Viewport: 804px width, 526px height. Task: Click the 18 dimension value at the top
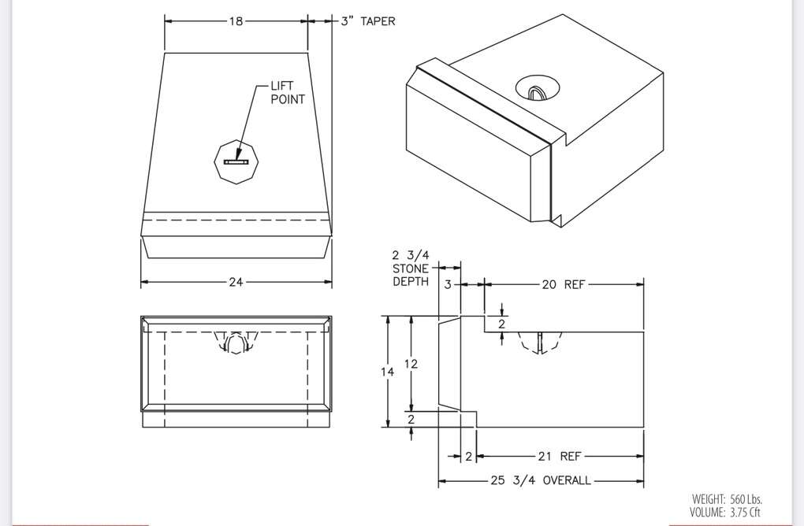point(236,21)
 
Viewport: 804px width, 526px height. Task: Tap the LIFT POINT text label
point(287,93)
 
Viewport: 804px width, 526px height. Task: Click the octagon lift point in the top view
point(236,161)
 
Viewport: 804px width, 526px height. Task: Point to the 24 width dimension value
point(236,283)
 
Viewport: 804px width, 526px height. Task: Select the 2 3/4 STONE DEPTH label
point(411,269)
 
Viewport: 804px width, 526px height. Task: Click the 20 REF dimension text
point(563,284)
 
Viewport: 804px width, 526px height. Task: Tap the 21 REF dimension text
point(559,456)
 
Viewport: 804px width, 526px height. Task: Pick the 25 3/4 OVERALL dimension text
point(541,480)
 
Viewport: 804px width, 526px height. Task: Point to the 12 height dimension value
point(411,364)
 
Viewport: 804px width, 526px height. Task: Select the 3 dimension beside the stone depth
point(448,284)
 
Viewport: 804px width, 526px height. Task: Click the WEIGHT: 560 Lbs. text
point(727,498)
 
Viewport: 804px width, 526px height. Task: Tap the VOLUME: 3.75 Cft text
point(726,512)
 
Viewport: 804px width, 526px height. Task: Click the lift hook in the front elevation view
point(235,344)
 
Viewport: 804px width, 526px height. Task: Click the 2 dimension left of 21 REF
point(468,456)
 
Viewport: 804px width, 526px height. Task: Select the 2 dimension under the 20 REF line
point(501,324)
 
